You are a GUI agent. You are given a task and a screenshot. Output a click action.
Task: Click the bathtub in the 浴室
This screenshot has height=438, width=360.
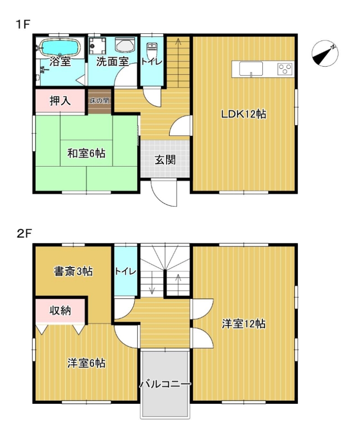point(60,47)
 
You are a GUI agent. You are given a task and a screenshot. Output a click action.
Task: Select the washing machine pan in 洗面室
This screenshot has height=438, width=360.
point(98,46)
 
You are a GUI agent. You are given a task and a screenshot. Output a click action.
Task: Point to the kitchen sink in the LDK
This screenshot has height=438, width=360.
point(251,69)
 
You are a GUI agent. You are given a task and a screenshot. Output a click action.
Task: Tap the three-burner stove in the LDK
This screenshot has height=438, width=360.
point(285,69)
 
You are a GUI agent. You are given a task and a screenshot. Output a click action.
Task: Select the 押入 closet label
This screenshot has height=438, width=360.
point(60,100)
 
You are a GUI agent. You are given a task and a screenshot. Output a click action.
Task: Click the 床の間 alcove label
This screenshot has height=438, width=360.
point(99,100)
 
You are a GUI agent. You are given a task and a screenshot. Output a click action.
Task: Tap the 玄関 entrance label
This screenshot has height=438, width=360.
point(165,160)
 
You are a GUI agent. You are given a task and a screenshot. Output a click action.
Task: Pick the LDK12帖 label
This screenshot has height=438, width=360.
point(243,114)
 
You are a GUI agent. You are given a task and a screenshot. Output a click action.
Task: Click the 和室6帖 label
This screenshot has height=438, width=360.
point(86,153)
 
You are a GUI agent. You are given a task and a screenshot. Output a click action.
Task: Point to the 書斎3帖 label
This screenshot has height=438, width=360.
point(73,271)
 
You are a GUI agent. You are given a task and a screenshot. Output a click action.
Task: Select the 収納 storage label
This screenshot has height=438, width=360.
point(60,310)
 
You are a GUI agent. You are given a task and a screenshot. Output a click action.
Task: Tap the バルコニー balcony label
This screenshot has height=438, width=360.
point(165,384)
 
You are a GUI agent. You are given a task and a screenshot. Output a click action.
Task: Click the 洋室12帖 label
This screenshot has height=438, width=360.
point(244,324)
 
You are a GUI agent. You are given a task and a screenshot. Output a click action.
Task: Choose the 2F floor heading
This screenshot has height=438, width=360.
point(25,234)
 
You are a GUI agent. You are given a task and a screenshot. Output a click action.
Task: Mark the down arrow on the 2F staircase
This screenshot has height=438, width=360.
point(152,283)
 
